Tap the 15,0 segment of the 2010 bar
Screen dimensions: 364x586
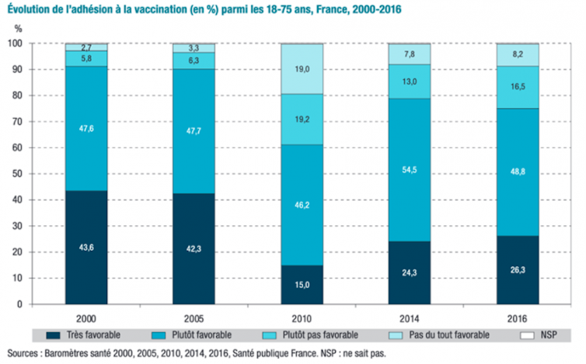[x=302, y=284]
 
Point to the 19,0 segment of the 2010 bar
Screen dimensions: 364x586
[x=302, y=68]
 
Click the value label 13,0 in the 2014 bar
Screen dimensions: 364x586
[x=410, y=81]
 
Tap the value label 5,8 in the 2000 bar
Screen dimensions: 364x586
[x=86, y=59]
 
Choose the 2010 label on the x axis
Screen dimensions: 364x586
[x=302, y=317]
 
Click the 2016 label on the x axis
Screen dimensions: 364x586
[x=518, y=317]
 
